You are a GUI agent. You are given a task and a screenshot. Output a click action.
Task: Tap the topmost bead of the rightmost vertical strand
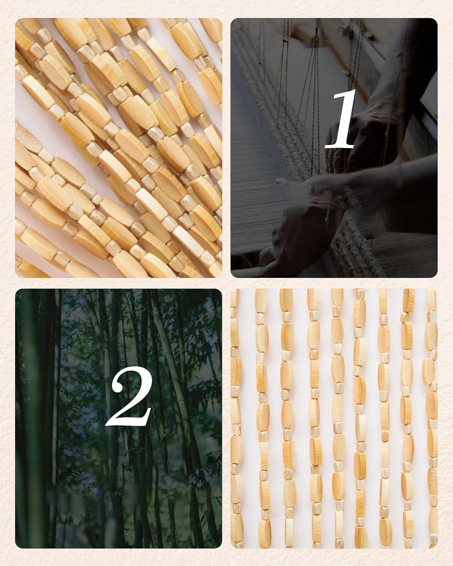[431, 298]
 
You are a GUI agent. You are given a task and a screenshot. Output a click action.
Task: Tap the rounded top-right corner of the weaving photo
[435, 20]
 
